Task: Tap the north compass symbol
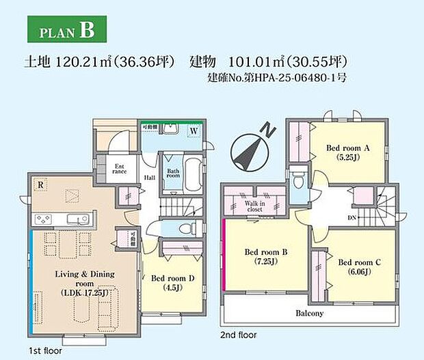tap(248, 149)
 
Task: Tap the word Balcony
tap(309, 313)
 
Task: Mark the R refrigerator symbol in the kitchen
tap(42, 184)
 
